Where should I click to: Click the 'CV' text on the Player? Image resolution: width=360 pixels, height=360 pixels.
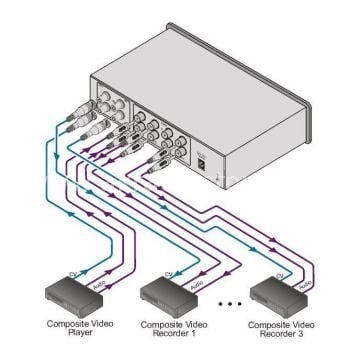point(69,273)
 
